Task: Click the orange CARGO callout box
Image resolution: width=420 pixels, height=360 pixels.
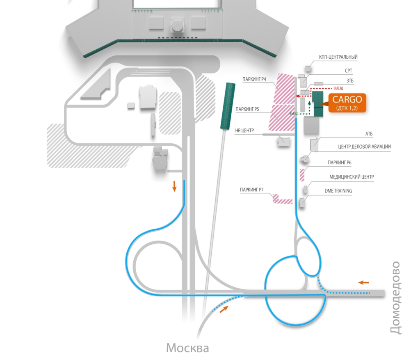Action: pos(347,103)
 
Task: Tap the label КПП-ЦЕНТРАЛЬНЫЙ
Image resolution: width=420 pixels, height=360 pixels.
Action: pos(338,57)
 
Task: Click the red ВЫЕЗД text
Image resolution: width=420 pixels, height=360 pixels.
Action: pos(338,88)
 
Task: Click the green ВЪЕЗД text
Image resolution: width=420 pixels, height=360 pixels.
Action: pos(294,113)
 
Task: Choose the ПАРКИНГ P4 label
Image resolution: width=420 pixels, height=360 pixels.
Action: pos(255,79)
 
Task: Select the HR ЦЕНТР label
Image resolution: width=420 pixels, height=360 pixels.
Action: pos(245,131)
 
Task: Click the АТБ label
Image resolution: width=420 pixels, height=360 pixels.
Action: pos(369,134)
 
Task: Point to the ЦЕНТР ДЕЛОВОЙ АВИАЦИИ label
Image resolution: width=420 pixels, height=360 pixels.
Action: pos(364,147)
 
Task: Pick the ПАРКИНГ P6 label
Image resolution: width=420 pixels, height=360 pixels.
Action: pos(340,163)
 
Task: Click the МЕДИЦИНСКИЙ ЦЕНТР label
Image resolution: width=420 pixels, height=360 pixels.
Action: pos(352,177)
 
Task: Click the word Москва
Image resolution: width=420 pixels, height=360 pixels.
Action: pos(187,349)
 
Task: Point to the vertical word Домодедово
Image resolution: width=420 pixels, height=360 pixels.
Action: pos(395,297)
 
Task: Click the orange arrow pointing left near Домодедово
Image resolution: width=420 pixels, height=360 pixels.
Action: pos(363,282)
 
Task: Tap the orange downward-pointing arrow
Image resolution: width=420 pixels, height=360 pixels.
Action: pos(174,186)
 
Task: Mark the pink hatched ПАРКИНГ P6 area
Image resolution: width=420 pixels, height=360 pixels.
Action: pos(302,174)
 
